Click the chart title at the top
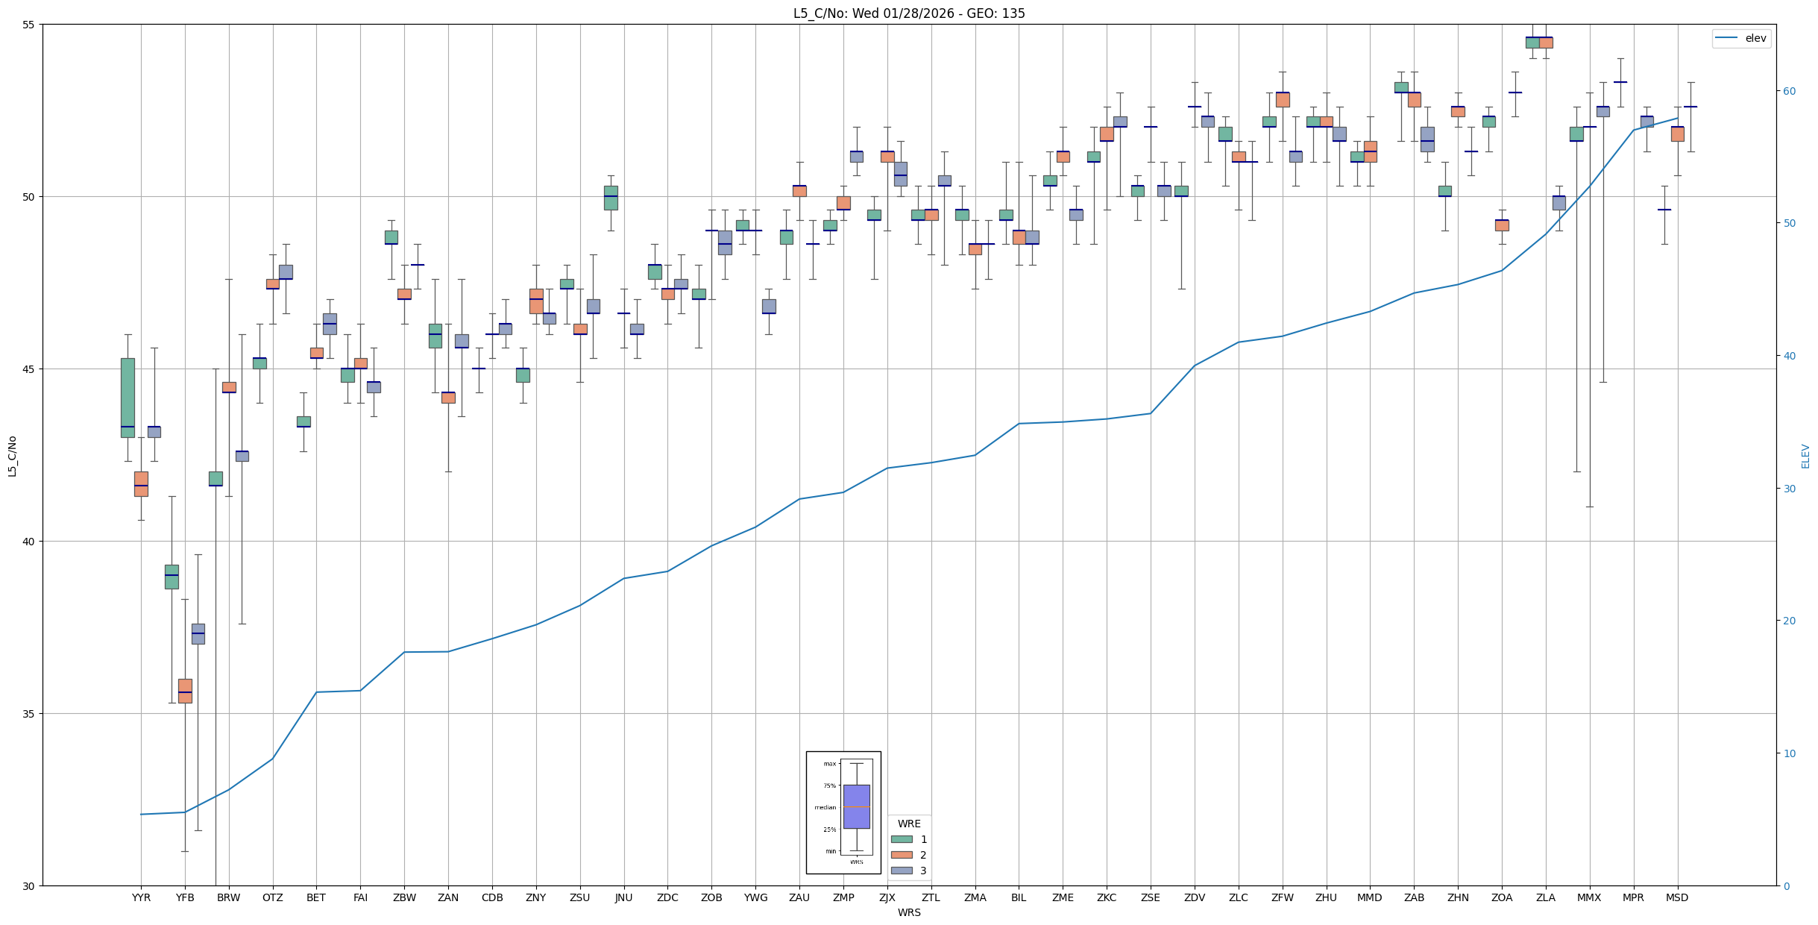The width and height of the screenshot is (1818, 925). [909, 13]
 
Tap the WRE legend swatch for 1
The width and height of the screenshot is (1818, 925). [902, 839]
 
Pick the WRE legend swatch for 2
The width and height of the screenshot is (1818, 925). [902, 855]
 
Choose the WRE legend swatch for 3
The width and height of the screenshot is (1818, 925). [902, 871]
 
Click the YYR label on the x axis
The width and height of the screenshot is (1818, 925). [141, 897]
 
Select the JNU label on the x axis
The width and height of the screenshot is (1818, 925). [623, 897]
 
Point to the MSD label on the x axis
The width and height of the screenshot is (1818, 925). [1677, 897]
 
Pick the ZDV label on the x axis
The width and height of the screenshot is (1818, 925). [1195, 897]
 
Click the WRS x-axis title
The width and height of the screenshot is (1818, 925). [909, 912]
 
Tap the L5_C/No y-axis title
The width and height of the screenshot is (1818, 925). [12, 456]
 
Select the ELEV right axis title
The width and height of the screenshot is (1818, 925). [1805, 456]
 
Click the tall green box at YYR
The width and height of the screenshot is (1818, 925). [128, 397]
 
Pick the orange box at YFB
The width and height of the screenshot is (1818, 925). [185, 690]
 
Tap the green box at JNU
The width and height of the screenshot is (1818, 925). [611, 198]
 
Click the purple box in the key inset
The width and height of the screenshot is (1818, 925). [856, 806]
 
